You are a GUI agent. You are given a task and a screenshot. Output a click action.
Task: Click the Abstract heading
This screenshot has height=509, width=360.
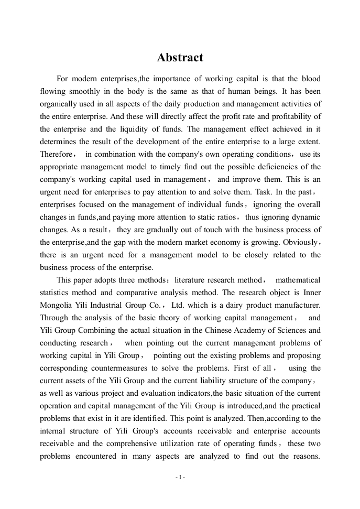coord(180,58)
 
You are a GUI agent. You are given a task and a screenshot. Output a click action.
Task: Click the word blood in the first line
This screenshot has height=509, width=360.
coord(311,79)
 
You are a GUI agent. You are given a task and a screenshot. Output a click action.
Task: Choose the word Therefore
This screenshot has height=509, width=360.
coord(56,154)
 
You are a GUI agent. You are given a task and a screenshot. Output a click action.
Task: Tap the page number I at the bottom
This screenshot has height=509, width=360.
coord(180,478)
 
